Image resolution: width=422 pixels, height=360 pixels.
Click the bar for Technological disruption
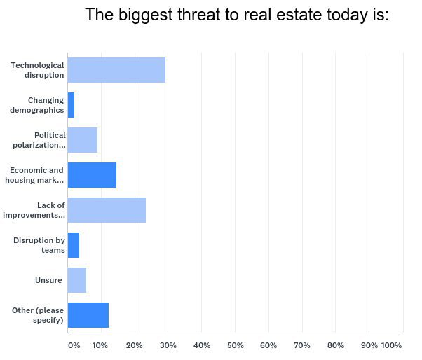tap(116, 70)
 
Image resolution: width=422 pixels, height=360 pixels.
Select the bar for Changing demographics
tap(71, 105)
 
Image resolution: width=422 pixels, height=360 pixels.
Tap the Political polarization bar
tap(83, 140)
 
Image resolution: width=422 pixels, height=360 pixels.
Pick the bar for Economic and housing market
tap(92, 175)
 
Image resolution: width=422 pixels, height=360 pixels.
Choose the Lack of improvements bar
tap(107, 210)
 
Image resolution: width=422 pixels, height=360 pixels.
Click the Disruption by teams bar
tap(74, 245)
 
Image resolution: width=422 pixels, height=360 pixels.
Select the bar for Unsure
tap(77, 280)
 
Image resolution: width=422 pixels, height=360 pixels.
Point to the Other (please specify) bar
tap(88, 315)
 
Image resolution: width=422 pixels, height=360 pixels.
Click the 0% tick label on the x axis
tap(74, 345)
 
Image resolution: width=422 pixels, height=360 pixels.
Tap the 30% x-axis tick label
tap(168, 345)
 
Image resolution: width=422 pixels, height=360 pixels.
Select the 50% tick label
tap(235, 345)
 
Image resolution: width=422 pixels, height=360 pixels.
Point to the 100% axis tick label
tap(391, 345)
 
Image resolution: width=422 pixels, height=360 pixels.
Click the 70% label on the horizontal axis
tap(302, 345)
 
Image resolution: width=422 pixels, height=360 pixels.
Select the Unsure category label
tap(48, 280)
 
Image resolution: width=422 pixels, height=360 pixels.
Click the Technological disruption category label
tap(37, 70)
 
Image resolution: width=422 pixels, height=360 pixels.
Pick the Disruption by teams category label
tap(39, 245)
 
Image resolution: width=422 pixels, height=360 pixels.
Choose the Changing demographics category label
tap(37, 105)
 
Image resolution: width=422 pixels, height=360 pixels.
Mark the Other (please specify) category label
tap(38, 315)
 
